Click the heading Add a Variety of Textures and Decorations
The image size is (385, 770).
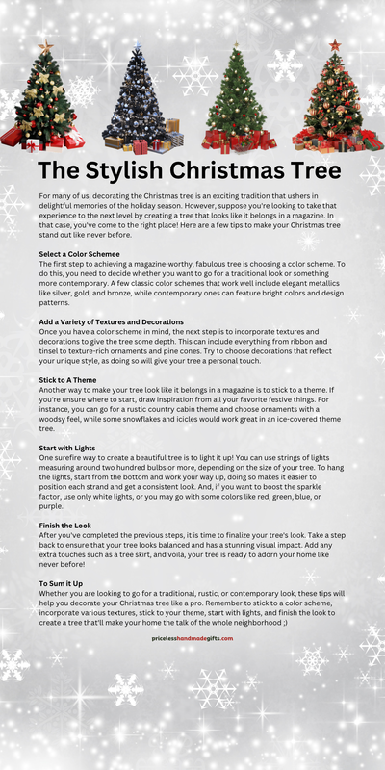click(x=111, y=321)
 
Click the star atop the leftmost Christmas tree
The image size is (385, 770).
click(x=45, y=45)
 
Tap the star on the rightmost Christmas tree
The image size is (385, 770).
click(x=335, y=44)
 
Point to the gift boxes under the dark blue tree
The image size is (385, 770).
click(x=144, y=144)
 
